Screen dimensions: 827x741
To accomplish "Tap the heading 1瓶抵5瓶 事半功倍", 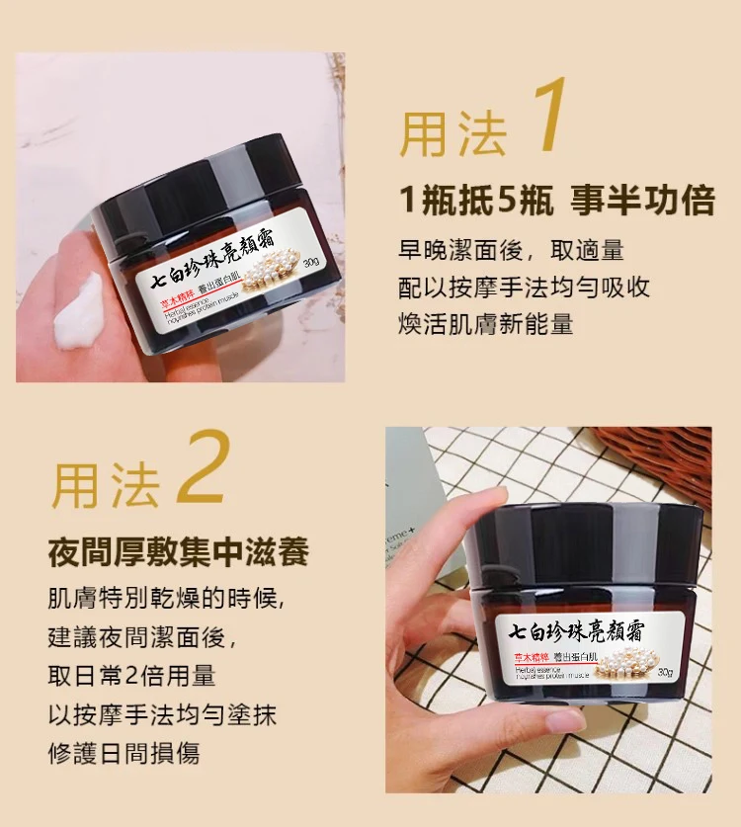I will pyautogui.click(x=556, y=201).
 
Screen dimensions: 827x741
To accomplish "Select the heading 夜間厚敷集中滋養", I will pyautogui.click(x=179, y=551).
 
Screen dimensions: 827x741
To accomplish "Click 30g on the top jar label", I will pyautogui.click(x=309, y=262).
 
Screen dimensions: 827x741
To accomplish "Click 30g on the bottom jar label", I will pyautogui.click(x=665, y=672).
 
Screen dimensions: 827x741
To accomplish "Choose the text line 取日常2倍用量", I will pyautogui.click(x=131, y=676).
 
